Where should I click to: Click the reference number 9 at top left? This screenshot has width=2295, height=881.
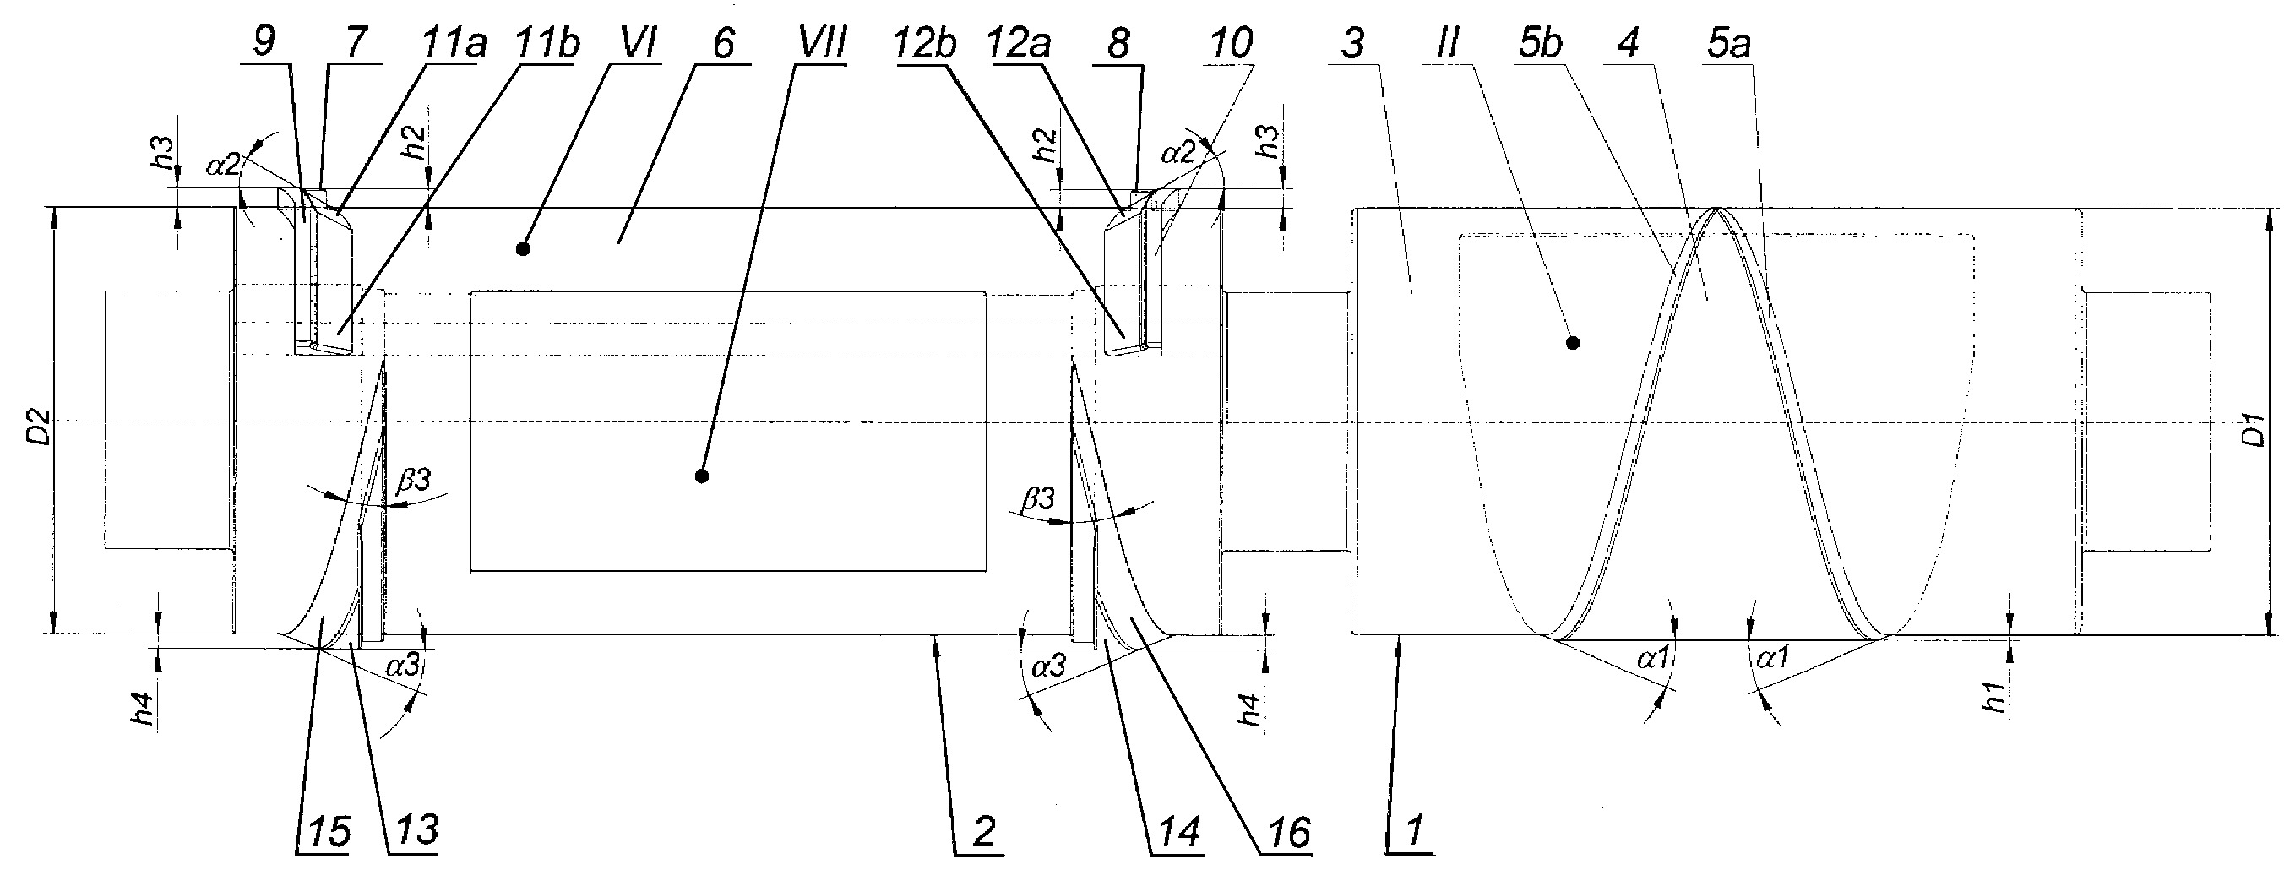coord(264,41)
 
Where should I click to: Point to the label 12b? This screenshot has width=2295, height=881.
coord(922,42)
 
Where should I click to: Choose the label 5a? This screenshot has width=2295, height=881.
coord(1728,42)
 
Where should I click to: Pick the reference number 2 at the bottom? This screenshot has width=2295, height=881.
coord(982,831)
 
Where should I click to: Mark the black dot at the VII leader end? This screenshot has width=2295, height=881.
coord(702,476)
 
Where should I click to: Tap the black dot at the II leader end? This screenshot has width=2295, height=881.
coord(1574,342)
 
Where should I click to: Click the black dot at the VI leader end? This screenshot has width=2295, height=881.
coord(523,249)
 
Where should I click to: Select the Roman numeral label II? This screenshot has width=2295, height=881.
coord(1449,42)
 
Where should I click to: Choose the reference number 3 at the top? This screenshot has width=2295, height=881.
coord(1353,42)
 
